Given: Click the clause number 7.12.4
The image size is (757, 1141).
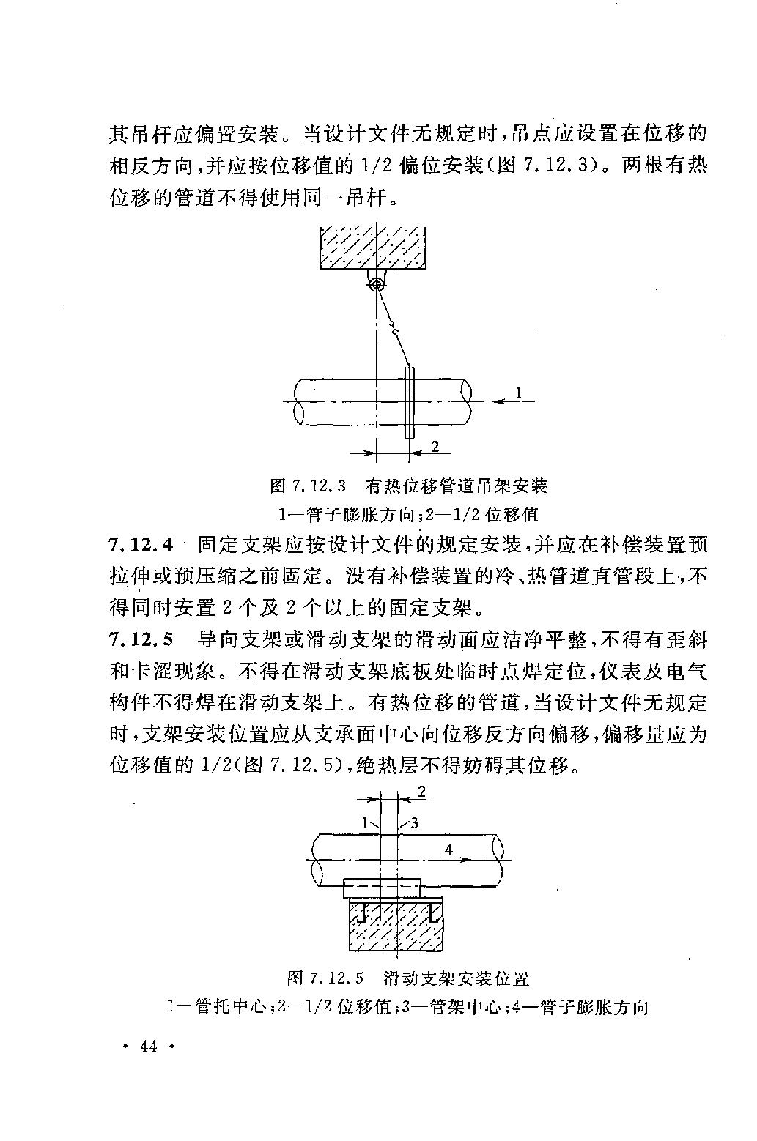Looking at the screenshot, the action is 141,545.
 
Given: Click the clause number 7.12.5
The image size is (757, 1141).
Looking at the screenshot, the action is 141,639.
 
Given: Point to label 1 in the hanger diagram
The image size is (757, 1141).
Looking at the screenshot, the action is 518,393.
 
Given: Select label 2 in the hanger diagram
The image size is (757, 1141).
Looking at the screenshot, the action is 435,446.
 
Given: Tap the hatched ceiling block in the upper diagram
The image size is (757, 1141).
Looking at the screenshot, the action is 373,248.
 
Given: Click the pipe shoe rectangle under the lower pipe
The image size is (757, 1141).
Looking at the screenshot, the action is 382,888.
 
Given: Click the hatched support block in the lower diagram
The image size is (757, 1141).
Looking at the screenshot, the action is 396,923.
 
